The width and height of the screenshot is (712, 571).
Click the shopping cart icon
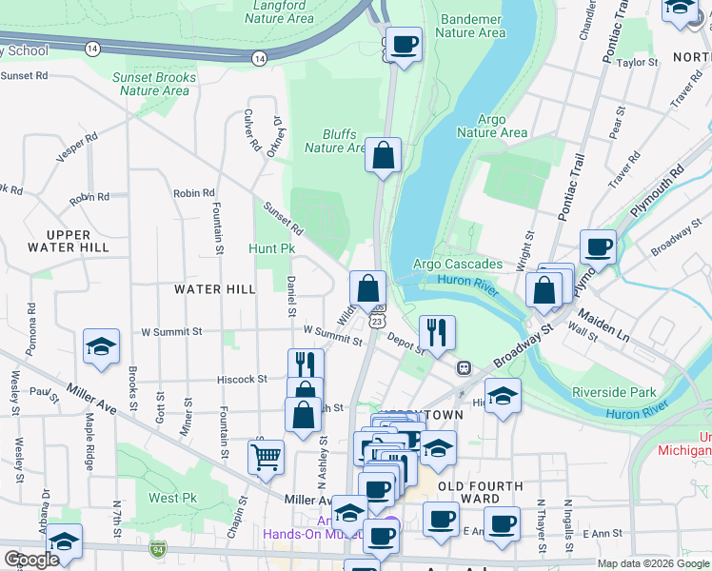click(266, 457)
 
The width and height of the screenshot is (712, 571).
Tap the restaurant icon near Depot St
click(437, 332)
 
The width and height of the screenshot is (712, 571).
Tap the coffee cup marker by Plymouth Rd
click(598, 247)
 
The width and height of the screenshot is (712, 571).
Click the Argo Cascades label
click(457, 264)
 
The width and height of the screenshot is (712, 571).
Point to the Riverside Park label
click(614, 392)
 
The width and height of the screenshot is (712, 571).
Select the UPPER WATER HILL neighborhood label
click(69, 241)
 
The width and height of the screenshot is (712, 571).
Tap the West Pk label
click(172, 498)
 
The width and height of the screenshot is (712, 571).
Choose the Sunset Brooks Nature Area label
click(154, 84)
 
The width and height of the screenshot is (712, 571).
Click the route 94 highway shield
click(157, 549)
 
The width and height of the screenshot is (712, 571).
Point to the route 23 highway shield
click(378, 323)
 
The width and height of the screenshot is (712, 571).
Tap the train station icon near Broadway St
click(464, 367)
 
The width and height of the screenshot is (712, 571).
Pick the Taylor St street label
click(638, 63)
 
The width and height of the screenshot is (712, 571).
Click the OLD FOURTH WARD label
click(480, 492)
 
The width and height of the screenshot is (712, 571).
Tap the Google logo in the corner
click(30, 560)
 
